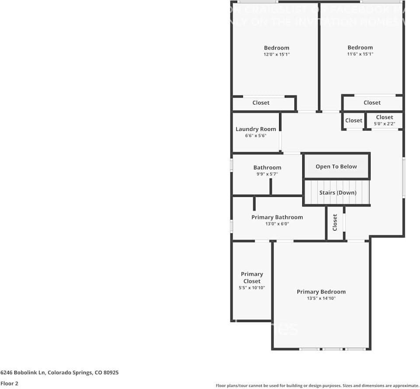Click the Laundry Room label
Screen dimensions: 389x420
[256, 129]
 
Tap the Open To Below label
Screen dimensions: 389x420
[336, 167]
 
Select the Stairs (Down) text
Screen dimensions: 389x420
[338, 193]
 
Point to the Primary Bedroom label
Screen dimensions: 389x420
[321, 292]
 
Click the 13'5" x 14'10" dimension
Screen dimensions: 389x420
[321, 298]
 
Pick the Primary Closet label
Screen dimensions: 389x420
[252, 277]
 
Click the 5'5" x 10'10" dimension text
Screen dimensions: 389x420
[252, 287]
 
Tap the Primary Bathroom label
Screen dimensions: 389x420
[277, 217]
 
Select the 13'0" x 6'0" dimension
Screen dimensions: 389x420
[277, 224]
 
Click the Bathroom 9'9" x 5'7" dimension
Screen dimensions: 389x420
[267, 174]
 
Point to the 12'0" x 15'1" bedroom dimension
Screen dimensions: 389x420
[276, 54]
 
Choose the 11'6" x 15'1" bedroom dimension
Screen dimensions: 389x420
[360, 54]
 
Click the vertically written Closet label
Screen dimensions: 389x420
[335, 222]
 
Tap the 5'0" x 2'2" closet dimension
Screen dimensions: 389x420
[385, 124]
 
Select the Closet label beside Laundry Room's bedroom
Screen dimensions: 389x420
[261, 103]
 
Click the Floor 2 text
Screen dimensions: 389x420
[9, 383]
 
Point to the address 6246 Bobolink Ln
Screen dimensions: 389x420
[59, 373]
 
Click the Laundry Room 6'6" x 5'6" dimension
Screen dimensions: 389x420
[256, 136]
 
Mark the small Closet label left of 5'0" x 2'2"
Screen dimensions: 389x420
[353, 121]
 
